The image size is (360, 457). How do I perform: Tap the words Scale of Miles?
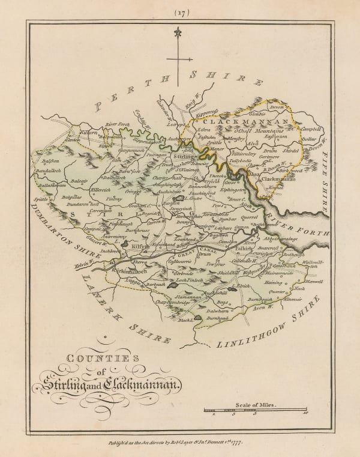[x=256, y=405]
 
